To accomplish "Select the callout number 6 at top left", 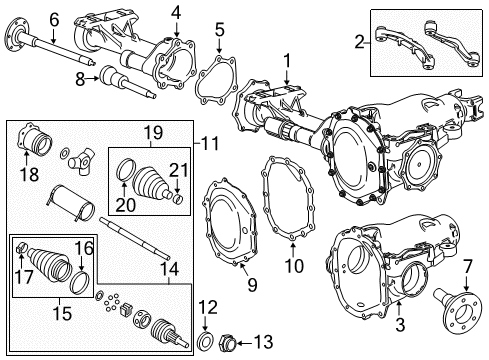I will click(26, 17).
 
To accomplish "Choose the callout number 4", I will click(175, 13).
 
